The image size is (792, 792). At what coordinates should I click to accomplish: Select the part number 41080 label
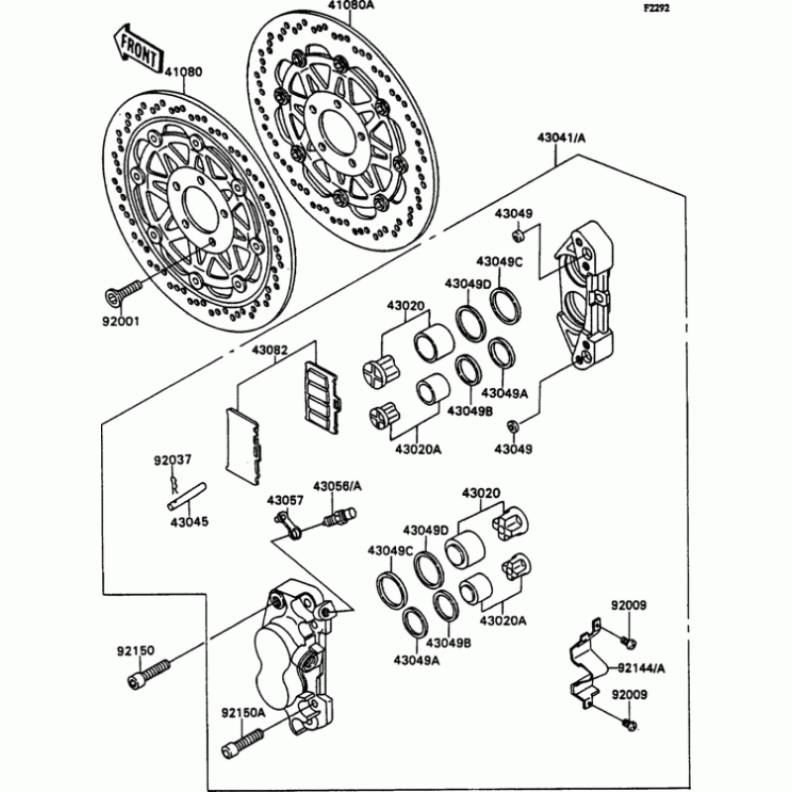[183, 71]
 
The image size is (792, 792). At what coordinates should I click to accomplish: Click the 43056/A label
[339, 486]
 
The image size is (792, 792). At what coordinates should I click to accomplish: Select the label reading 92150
[137, 650]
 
